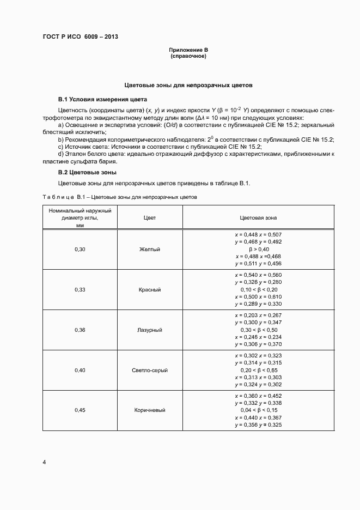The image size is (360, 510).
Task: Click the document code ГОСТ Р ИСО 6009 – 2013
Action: (x=80, y=37)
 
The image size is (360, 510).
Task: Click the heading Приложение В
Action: (x=188, y=51)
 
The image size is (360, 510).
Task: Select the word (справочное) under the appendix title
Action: (x=188, y=56)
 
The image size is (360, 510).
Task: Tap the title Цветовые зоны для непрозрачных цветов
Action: (x=188, y=86)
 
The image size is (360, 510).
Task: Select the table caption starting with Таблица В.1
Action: (x=120, y=196)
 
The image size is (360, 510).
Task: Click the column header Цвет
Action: (x=150, y=217)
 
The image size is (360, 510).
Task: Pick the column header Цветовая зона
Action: (x=258, y=217)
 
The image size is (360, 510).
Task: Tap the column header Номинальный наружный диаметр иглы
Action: (x=80, y=217)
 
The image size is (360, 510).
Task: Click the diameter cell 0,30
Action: (x=80, y=249)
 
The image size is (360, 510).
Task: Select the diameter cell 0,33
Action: (x=80, y=289)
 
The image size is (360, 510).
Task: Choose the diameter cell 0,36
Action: (x=80, y=330)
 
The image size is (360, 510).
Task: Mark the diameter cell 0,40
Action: (x=80, y=371)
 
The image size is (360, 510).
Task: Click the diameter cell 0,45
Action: (x=80, y=410)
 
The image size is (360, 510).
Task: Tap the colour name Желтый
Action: (x=150, y=249)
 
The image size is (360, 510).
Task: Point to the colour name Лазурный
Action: (x=150, y=330)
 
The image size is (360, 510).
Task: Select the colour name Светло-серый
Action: (x=150, y=371)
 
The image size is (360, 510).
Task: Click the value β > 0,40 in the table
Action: (x=259, y=249)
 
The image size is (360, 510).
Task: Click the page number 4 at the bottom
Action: (x=45, y=463)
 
